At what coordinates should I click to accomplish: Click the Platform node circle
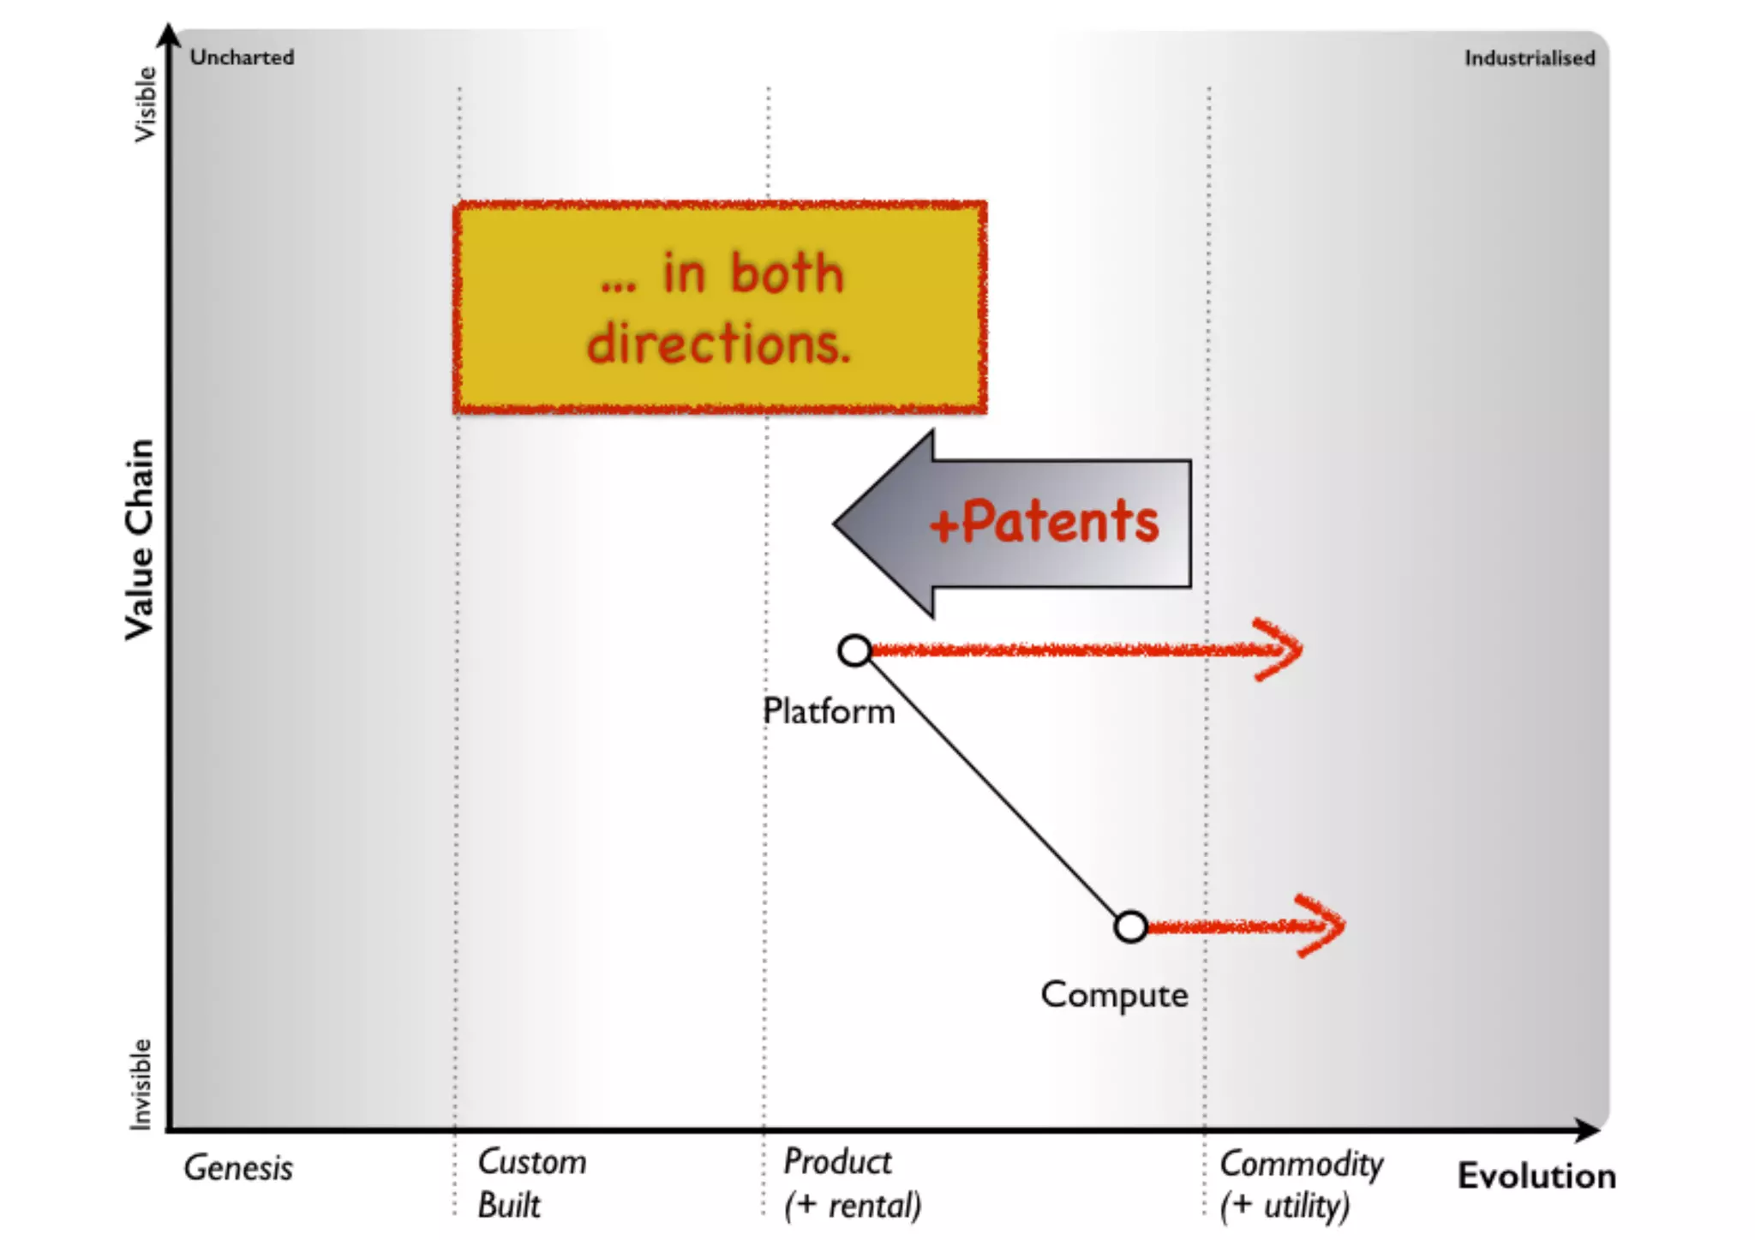click(x=854, y=651)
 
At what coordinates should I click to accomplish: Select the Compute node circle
click(x=1130, y=926)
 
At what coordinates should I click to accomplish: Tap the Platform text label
click(x=829, y=711)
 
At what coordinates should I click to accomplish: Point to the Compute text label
click(x=1114, y=995)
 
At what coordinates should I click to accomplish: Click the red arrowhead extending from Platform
click(x=1281, y=650)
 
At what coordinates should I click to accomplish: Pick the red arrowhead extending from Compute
click(x=1324, y=926)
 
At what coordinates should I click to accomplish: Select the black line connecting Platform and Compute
click(x=992, y=788)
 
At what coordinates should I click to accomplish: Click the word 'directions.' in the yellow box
click(x=718, y=344)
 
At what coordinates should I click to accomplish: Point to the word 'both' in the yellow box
click(x=787, y=274)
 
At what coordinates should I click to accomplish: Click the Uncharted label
click(x=242, y=57)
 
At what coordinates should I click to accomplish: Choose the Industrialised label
click(x=1529, y=58)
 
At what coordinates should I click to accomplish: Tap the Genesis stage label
click(x=238, y=1168)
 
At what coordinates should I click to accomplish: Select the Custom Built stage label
click(x=531, y=1183)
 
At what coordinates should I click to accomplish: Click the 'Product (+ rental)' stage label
click(x=852, y=1183)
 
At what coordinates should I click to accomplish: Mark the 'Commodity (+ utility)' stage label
click(x=1301, y=1184)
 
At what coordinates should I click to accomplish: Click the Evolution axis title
click(x=1536, y=1176)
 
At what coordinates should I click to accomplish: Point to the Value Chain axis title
click(x=140, y=540)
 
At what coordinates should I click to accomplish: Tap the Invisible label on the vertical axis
click(x=141, y=1084)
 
